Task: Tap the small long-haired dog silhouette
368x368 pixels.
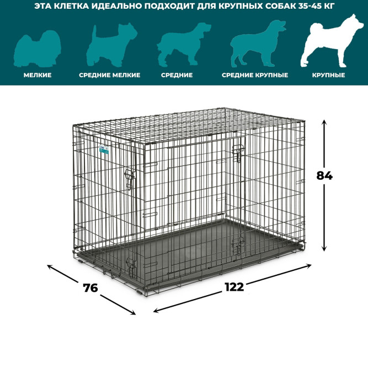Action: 38,49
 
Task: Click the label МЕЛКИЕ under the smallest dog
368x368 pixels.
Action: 38,75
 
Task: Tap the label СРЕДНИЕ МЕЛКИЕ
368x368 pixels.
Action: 110,75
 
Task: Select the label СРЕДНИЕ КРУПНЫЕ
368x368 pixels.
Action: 255,75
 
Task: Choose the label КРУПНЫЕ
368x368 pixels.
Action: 329,75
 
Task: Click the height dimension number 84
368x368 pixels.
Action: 324,175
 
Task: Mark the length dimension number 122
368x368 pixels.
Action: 234,287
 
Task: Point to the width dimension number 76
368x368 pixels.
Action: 90,288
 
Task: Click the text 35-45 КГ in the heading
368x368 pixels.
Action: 316,6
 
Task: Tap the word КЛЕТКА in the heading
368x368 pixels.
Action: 71,6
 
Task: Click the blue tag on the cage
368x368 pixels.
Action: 104,150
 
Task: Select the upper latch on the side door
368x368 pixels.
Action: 129,179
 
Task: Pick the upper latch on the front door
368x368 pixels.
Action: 238,153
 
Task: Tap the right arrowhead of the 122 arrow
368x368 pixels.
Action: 308,266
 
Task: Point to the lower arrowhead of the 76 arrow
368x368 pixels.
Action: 133,313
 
